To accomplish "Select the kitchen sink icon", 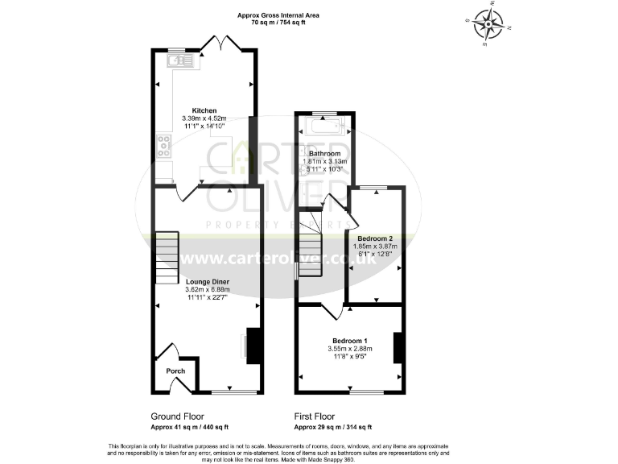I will pyautogui.click(x=177, y=59).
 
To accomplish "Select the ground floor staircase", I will pyautogui.click(x=165, y=257).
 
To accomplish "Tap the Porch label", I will pyautogui.click(x=175, y=371).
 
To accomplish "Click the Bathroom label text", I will pyautogui.click(x=325, y=153).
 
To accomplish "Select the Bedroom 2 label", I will pyautogui.click(x=375, y=238).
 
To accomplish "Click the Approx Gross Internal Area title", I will pyautogui.click(x=278, y=14).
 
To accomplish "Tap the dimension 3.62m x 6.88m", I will pyautogui.click(x=207, y=289).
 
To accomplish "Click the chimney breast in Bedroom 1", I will pyautogui.click(x=397, y=347).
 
